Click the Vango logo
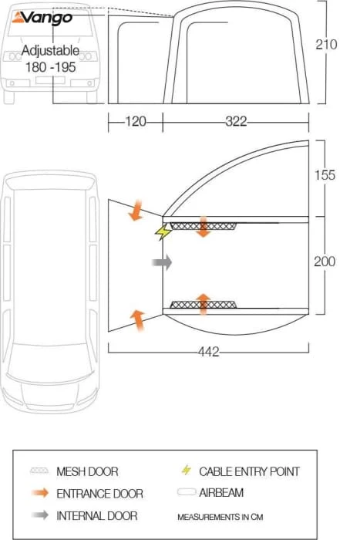42,18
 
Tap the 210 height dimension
326,45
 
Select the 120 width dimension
135,122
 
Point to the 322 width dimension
236,122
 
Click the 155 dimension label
325,175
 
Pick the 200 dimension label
325,262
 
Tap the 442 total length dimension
209,352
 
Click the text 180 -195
50,67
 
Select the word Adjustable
50,51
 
